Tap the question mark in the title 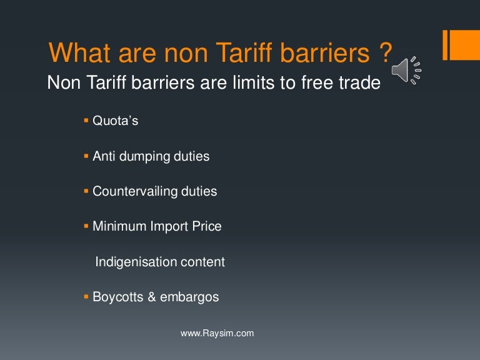(x=385, y=54)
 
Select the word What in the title (x=76, y=54)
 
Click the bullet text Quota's (x=116, y=121)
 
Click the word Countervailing (x=131, y=191)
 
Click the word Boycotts (x=118, y=297)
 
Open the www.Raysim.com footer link (x=217, y=333)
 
